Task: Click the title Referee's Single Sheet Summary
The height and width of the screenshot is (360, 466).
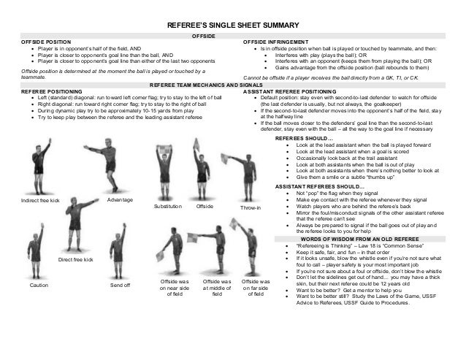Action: click(233, 23)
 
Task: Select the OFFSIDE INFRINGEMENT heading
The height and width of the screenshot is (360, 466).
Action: click(276, 42)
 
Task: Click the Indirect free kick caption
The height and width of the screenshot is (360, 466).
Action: click(40, 200)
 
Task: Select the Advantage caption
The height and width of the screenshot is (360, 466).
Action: click(120, 199)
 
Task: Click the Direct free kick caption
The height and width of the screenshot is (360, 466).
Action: click(76, 259)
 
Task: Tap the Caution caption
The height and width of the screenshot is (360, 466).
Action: click(39, 286)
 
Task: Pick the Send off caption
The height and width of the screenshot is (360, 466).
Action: click(120, 286)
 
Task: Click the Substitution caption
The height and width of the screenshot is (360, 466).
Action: click(167, 207)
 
